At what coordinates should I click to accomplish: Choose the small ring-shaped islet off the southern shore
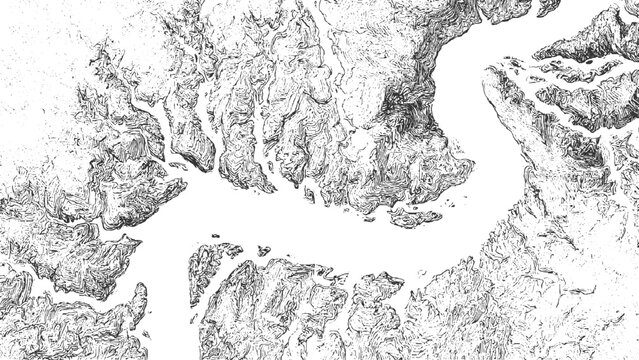pos(263,251)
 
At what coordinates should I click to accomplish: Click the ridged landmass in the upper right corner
pos(600,40)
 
